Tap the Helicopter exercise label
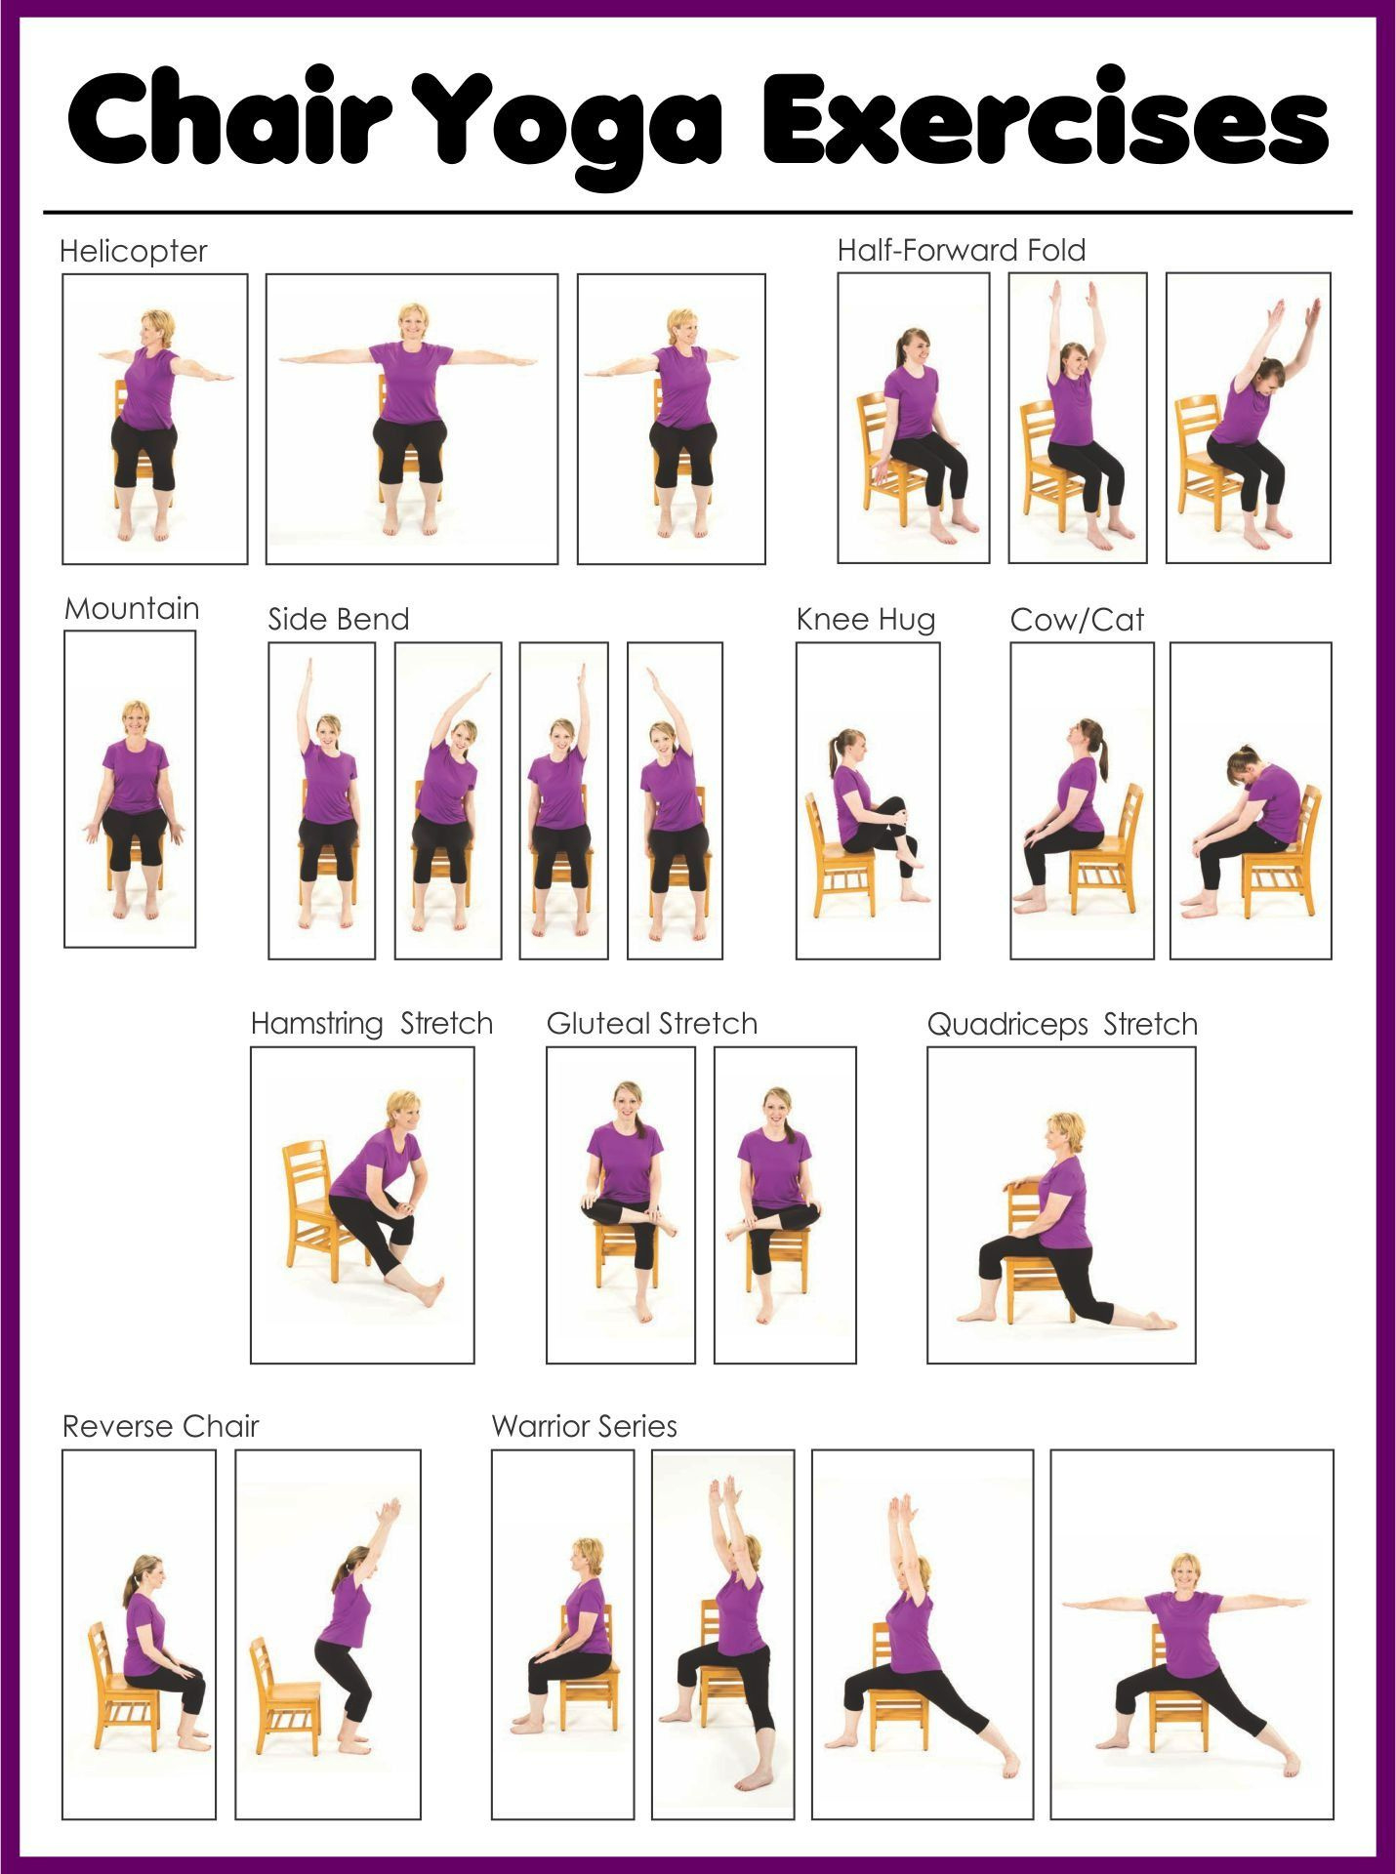click(x=133, y=252)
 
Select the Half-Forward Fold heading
click(x=961, y=251)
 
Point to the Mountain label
click(x=132, y=609)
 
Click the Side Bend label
click(x=338, y=620)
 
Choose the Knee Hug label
click(x=865, y=620)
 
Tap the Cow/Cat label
click(x=1076, y=620)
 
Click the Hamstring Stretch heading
click(x=371, y=1024)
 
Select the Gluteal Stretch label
click(x=651, y=1024)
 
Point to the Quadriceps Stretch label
click(x=1061, y=1025)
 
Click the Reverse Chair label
click(x=160, y=1427)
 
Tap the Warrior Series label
click(x=584, y=1427)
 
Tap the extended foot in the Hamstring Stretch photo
click(x=430, y=1290)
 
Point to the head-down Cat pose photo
click(x=1251, y=800)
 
